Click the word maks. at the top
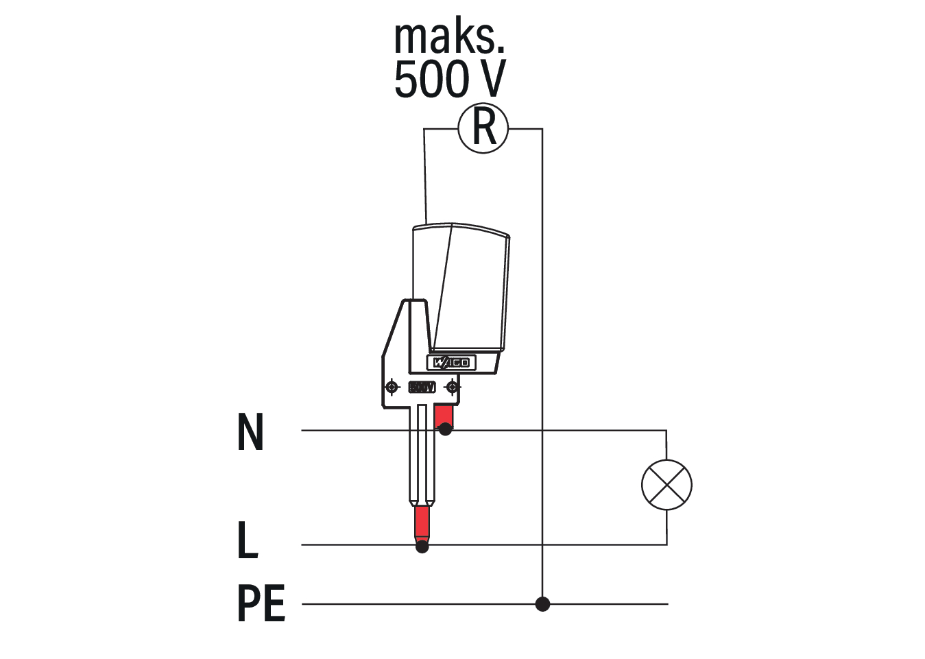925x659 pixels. (x=449, y=38)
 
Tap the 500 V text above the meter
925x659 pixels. (x=449, y=80)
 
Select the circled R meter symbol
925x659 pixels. (x=483, y=128)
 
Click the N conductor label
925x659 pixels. (x=250, y=432)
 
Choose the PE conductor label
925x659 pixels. (x=261, y=603)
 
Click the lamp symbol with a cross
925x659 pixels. (x=666, y=485)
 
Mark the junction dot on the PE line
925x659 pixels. (x=542, y=604)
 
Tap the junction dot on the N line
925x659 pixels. (x=445, y=430)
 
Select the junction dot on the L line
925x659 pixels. (x=422, y=547)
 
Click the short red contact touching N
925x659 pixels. (x=444, y=416)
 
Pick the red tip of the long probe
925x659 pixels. (x=422, y=524)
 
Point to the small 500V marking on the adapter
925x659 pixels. (x=422, y=387)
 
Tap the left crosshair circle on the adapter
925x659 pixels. (x=392, y=387)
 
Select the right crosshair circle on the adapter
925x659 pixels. (x=451, y=387)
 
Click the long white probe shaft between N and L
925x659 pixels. (x=422, y=459)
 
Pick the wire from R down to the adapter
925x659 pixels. (x=425, y=178)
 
